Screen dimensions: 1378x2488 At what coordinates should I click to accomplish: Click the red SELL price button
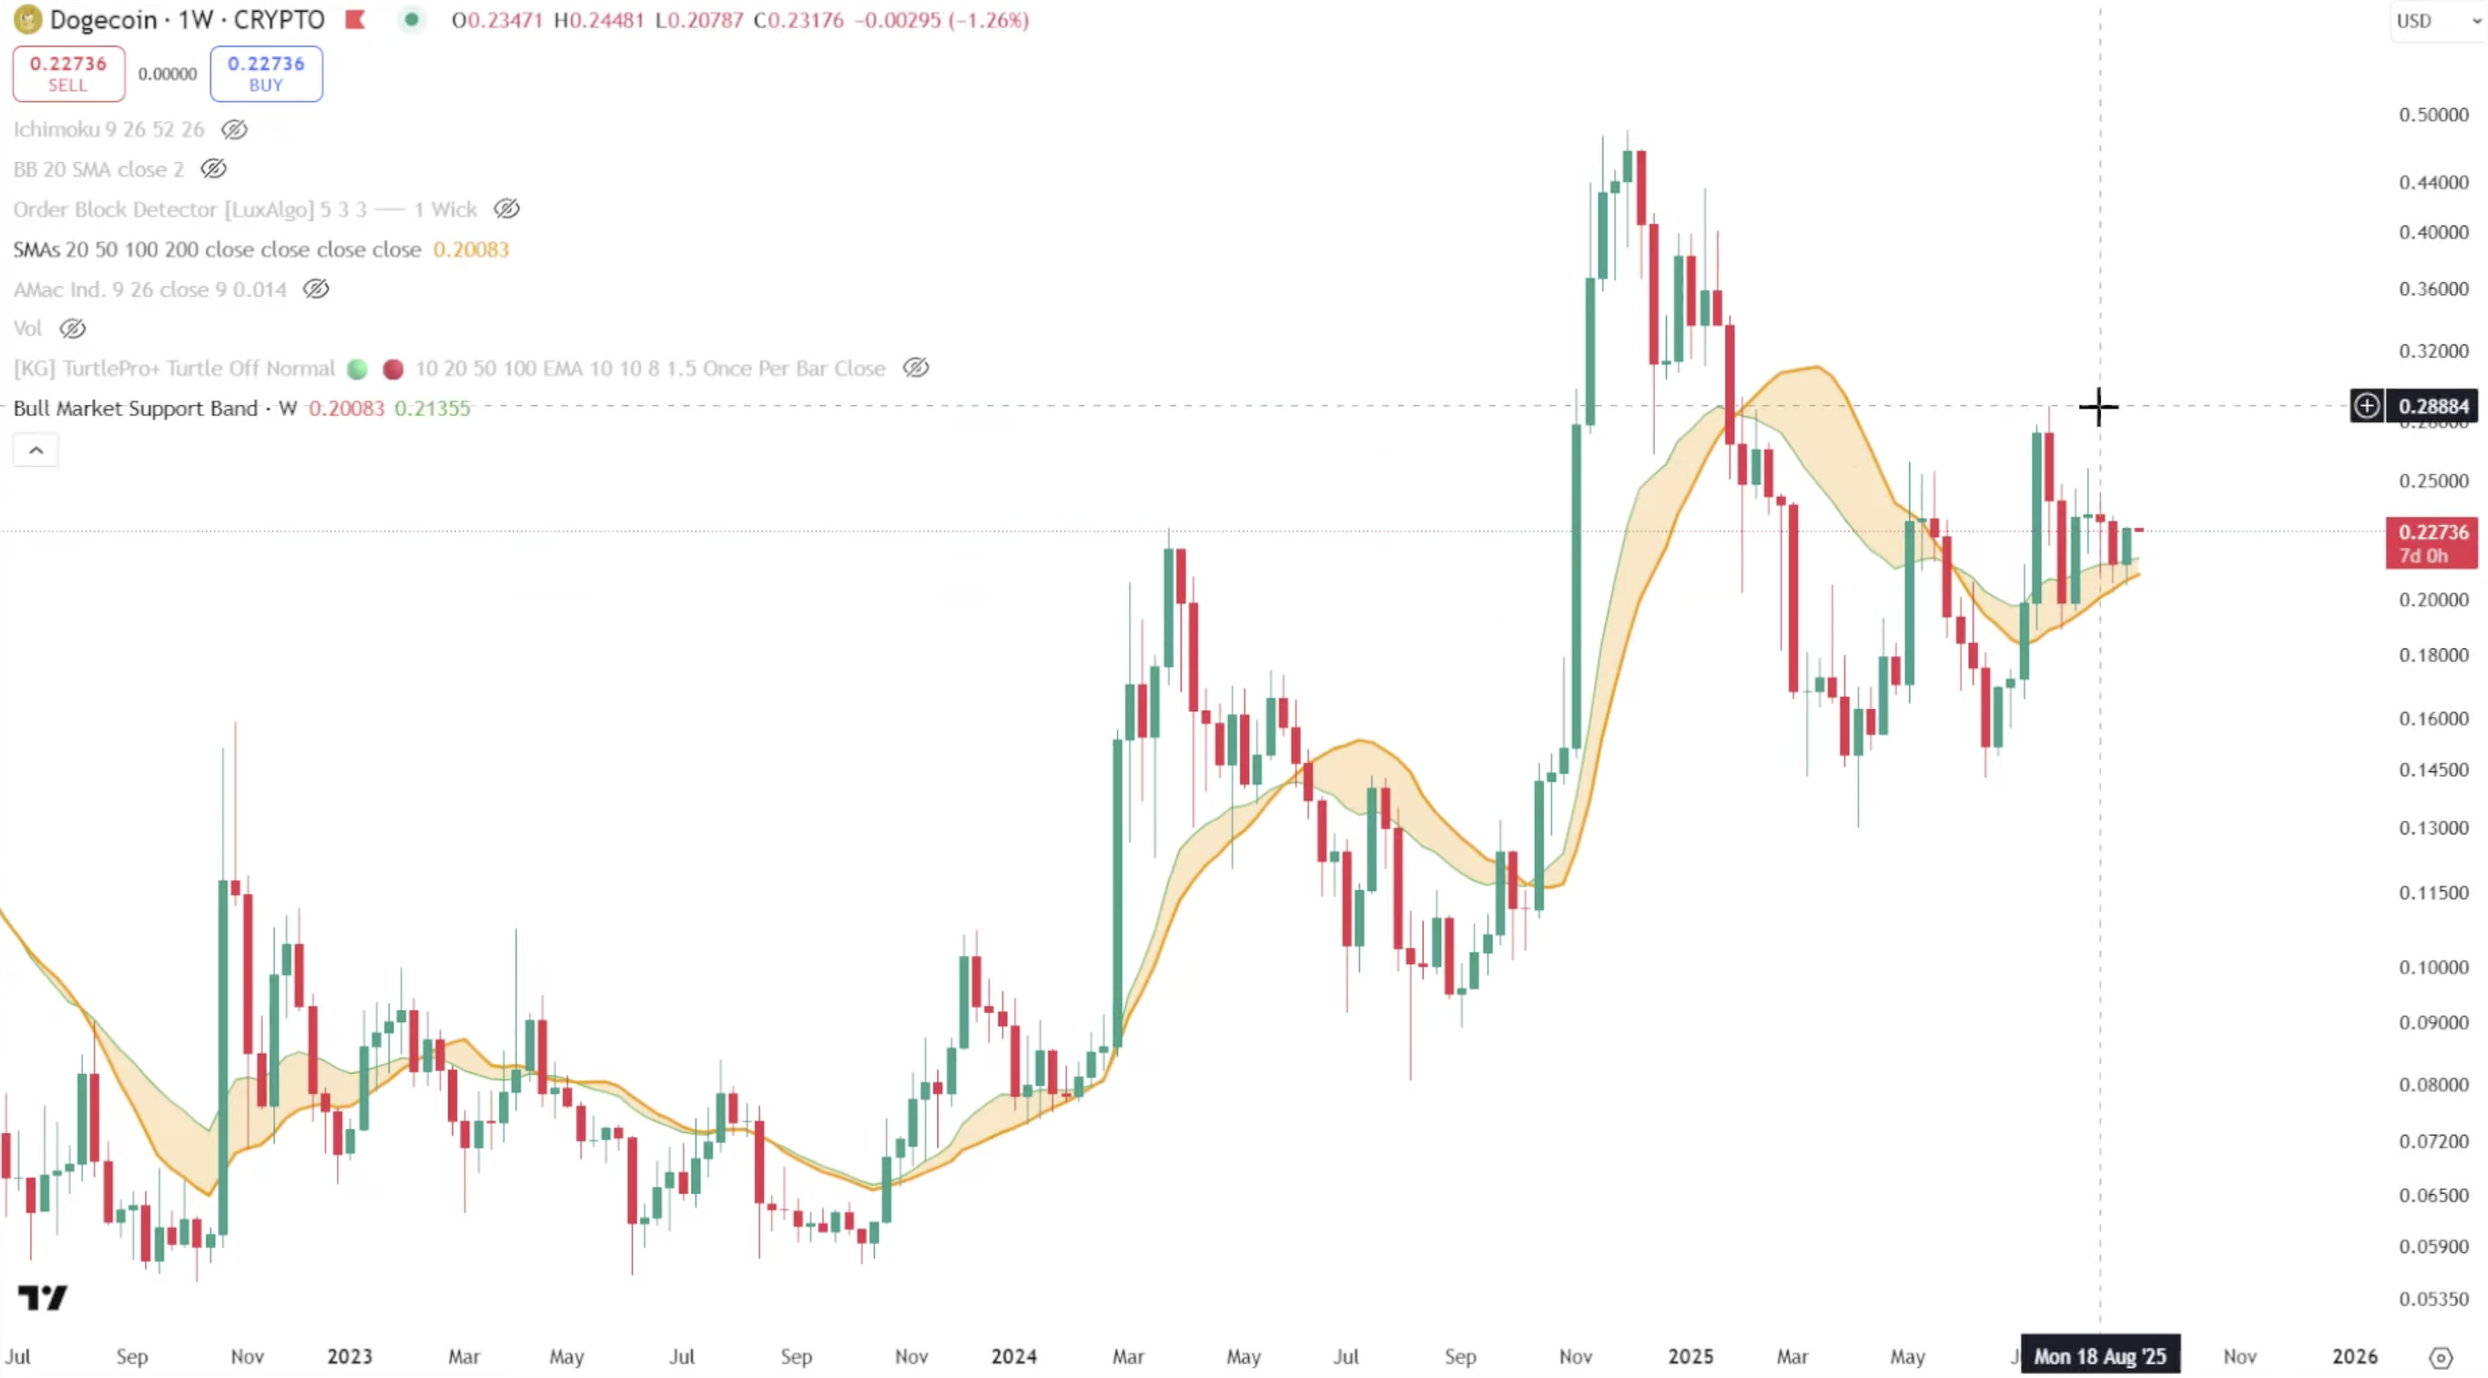coord(67,73)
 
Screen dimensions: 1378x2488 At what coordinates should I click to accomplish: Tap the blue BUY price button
coord(266,73)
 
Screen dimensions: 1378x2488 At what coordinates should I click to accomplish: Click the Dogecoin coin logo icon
coord(26,20)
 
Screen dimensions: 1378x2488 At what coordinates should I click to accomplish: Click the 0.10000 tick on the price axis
coord(2433,967)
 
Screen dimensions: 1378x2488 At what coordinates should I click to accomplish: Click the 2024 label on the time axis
coord(1013,1356)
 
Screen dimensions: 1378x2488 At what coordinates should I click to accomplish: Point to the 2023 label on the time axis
coord(349,1356)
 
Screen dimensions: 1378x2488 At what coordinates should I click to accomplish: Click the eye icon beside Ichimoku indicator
coord(234,130)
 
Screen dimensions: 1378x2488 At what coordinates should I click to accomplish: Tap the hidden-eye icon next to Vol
coord(72,329)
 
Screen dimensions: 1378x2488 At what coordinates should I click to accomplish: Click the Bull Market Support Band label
coord(135,408)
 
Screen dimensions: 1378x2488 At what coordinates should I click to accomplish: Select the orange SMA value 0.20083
coord(471,249)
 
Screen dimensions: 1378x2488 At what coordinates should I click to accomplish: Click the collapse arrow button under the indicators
coord(35,450)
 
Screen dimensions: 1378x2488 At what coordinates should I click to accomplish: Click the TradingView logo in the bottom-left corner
coord(43,1297)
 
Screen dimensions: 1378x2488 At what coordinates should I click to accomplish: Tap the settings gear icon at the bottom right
coord(2441,1357)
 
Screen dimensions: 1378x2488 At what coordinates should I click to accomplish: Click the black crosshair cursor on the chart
coord(2098,407)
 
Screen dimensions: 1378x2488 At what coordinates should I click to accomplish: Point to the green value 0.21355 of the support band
coord(432,408)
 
